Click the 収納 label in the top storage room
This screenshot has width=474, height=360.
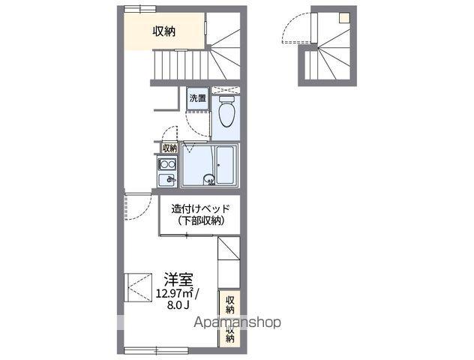click(164, 31)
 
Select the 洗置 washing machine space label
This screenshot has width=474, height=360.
click(197, 98)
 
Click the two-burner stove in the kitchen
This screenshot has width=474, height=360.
click(166, 164)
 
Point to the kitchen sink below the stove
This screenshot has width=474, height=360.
click(166, 180)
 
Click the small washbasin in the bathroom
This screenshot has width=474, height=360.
click(209, 179)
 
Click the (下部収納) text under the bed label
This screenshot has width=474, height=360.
click(197, 220)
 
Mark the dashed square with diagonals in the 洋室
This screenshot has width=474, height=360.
click(137, 286)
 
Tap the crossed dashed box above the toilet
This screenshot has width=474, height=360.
click(224, 91)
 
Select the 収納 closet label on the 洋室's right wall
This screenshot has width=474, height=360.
click(230, 303)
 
